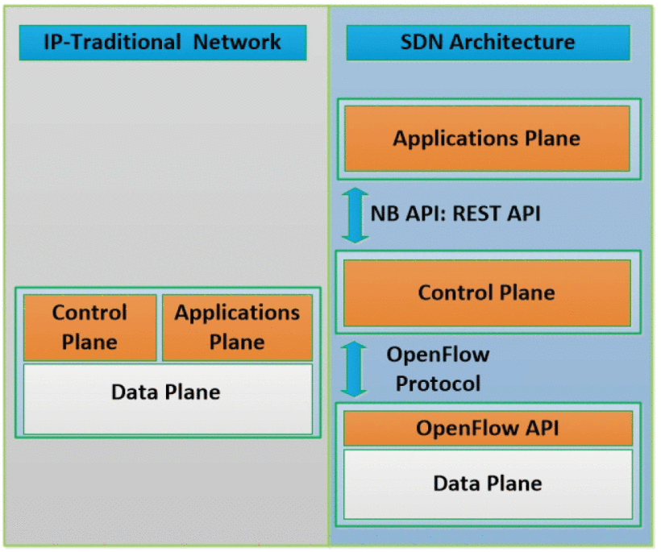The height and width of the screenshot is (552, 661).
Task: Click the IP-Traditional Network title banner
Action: (163, 43)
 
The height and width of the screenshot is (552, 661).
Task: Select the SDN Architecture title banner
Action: (488, 43)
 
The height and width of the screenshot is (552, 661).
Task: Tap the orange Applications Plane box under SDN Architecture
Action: (487, 138)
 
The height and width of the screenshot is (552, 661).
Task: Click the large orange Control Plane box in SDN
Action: (487, 292)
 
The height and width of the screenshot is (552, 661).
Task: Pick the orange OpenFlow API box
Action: (488, 428)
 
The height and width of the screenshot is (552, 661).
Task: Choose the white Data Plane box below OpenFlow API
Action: (488, 484)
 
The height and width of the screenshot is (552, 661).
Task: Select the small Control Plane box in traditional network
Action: (89, 327)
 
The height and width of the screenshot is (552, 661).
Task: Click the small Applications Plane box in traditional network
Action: (237, 327)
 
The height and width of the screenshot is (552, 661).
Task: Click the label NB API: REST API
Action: (455, 214)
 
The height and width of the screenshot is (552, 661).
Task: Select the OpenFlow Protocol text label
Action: (438, 368)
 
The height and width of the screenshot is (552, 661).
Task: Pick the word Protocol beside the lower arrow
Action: (438, 383)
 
